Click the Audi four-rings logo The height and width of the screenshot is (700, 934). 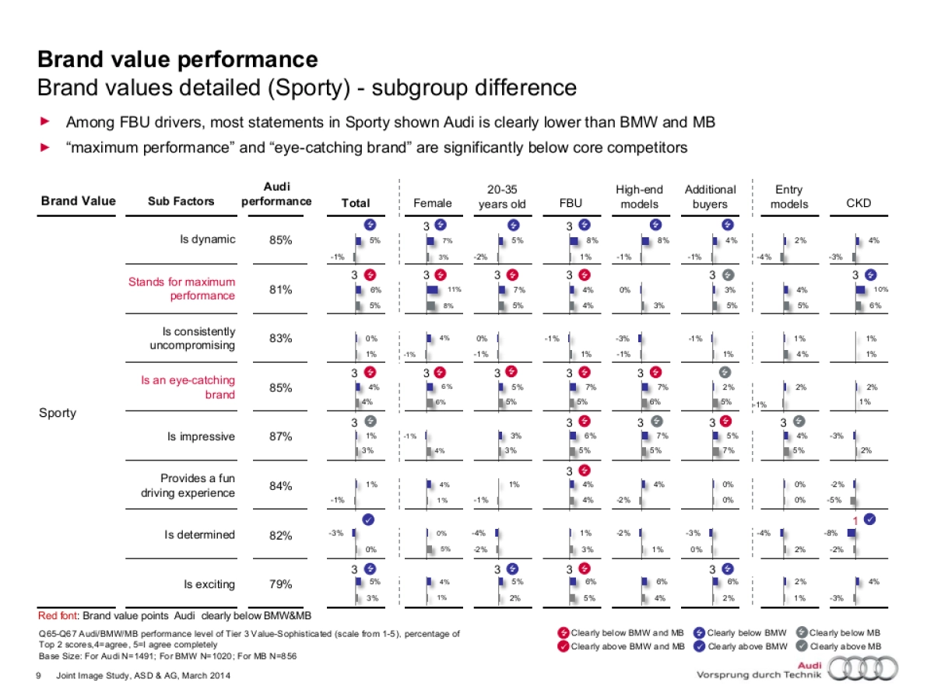pyautogui.click(x=863, y=668)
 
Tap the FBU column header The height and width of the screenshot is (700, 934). pyautogui.click(x=571, y=204)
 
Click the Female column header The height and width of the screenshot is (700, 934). pyautogui.click(x=432, y=204)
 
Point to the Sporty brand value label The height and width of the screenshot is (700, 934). pyautogui.click(x=58, y=412)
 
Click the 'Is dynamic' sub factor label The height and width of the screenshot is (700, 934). pyautogui.click(x=207, y=240)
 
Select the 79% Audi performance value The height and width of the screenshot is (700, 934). pyautogui.click(x=280, y=584)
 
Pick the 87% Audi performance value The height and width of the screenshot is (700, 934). pyautogui.click(x=280, y=436)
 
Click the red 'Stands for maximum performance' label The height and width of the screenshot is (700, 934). pyautogui.click(x=181, y=289)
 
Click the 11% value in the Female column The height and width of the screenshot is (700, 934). pyautogui.click(x=455, y=289)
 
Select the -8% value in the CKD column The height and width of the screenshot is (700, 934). pyautogui.click(x=832, y=534)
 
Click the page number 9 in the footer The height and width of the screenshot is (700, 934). pyautogui.click(x=39, y=676)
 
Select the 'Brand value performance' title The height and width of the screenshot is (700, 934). pyautogui.click(x=177, y=59)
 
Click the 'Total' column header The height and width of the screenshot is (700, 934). pyautogui.click(x=356, y=204)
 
